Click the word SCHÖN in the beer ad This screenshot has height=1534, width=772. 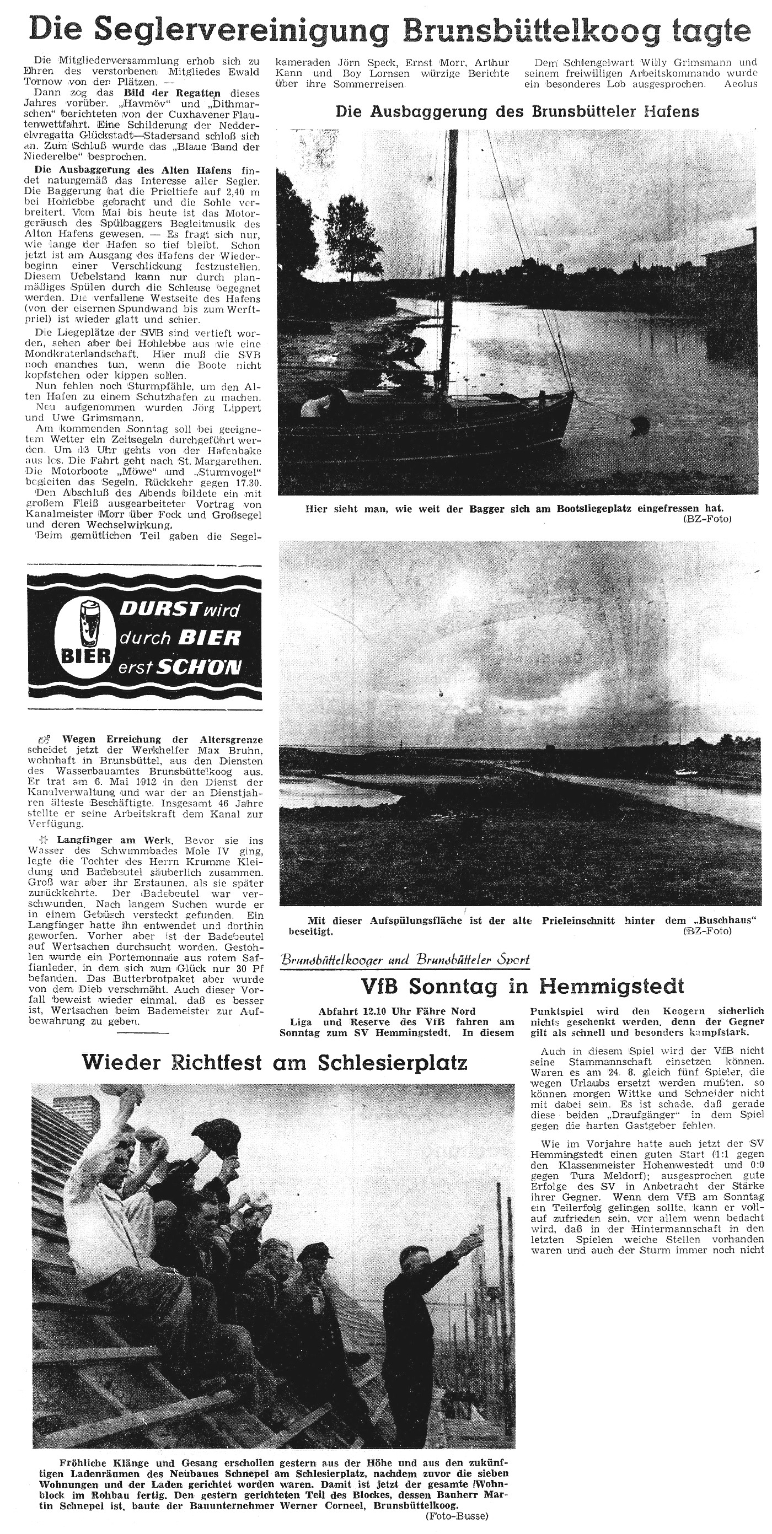click(x=199, y=668)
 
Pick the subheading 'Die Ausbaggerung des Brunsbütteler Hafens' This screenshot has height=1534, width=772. click(x=517, y=111)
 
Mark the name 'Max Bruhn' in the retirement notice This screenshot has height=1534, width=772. click(x=239, y=750)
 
